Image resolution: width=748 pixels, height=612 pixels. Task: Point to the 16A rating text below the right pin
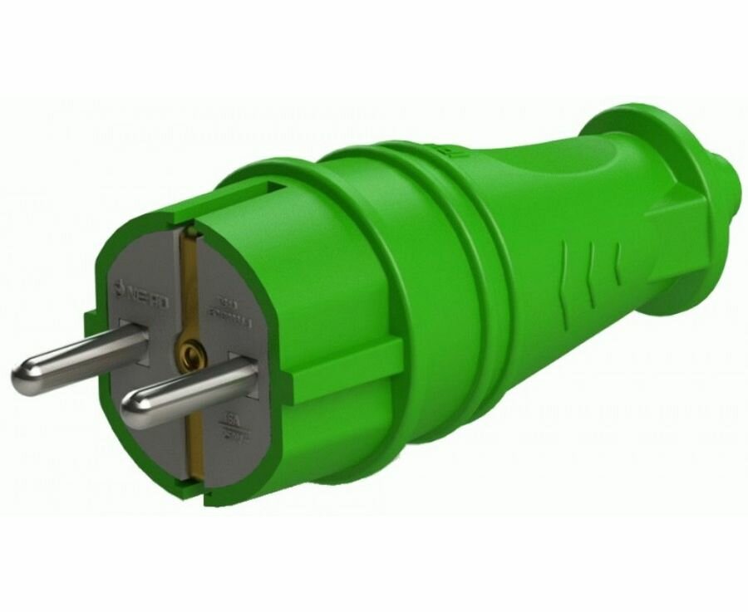pyautogui.click(x=234, y=424)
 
